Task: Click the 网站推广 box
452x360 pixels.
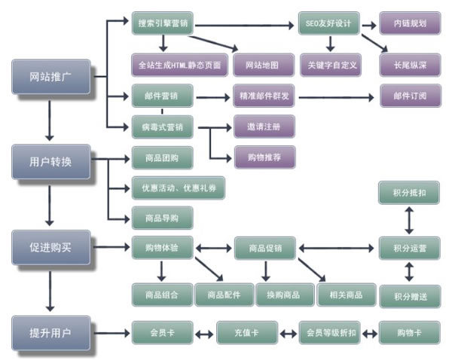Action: point(50,77)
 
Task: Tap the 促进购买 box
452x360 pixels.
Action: point(50,247)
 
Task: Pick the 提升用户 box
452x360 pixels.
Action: point(50,332)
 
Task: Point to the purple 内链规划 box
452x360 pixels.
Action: point(409,24)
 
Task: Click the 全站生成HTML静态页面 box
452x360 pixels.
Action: point(179,65)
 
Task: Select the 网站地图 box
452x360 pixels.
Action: point(263,65)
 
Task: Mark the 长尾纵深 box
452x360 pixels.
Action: point(409,65)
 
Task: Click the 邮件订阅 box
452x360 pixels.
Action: point(409,96)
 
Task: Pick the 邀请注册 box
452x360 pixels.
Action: point(263,126)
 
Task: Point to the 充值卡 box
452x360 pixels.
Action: point(247,331)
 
